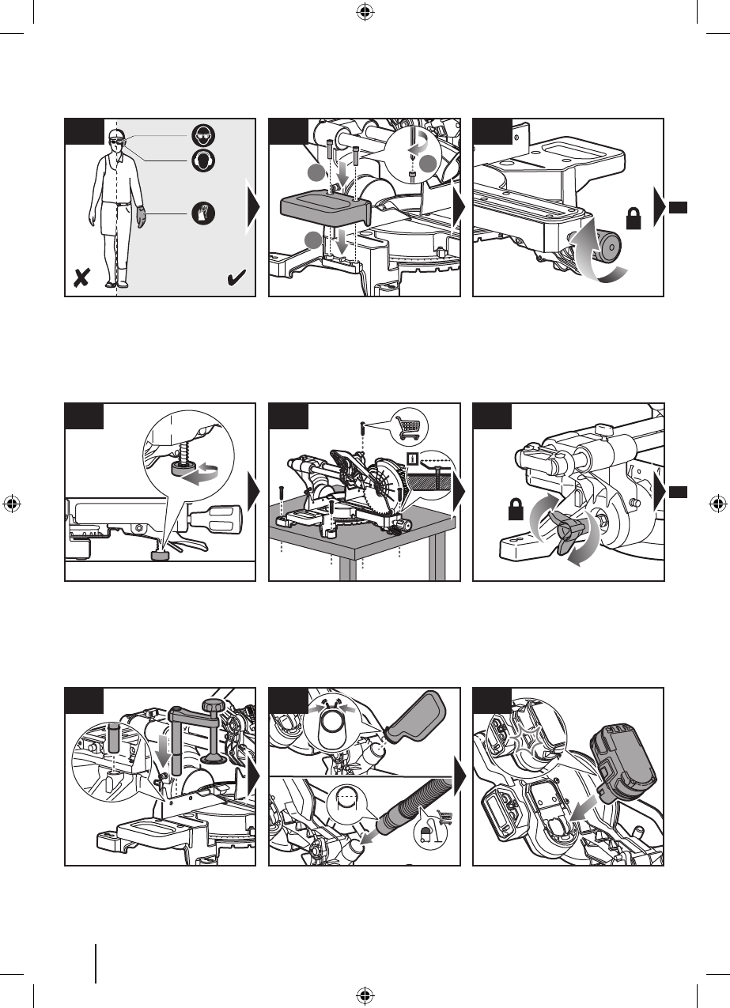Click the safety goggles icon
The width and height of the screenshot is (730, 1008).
202,135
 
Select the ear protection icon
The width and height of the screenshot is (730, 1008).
202,160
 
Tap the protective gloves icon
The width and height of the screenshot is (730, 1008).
202,212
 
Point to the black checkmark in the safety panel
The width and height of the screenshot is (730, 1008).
236,277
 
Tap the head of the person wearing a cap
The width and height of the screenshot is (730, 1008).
117,141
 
